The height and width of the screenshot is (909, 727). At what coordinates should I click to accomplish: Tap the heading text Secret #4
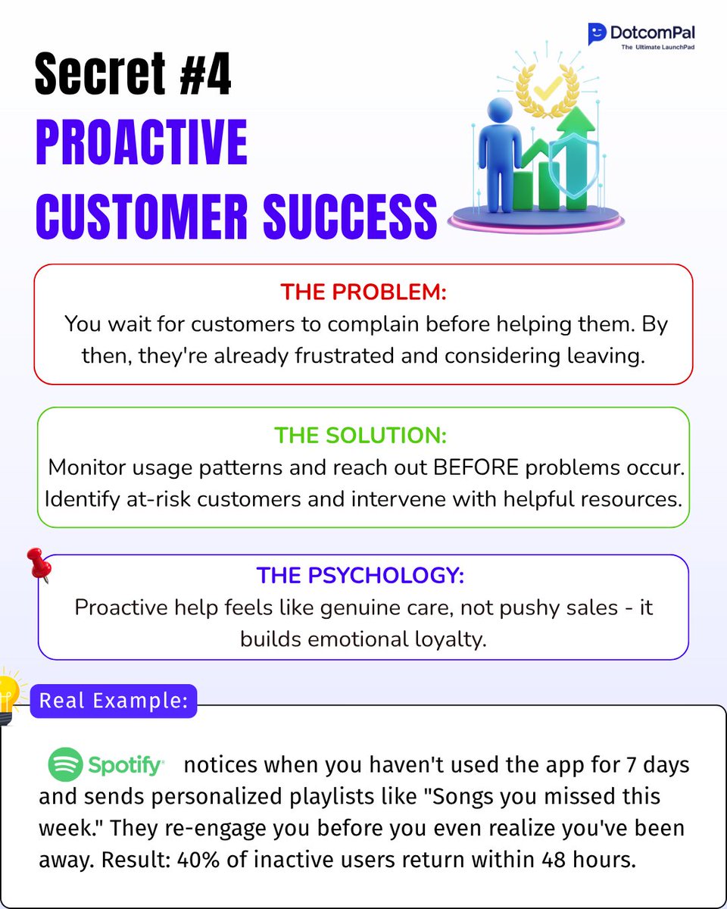click(x=133, y=74)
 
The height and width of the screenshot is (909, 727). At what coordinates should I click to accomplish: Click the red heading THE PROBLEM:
click(x=363, y=292)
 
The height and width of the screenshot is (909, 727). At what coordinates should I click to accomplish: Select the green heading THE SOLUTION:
click(x=360, y=436)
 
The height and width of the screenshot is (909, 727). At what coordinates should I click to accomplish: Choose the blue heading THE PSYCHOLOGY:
click(x=360, y=575)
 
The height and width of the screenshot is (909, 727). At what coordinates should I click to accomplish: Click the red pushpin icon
click(x=39, y=564)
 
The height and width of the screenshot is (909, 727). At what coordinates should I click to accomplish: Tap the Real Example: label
click(x=113, y=701)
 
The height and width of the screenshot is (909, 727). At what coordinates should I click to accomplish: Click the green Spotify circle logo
click(x=65, y=765)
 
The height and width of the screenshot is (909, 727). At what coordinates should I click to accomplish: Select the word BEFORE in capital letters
click(x=474, y=467)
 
